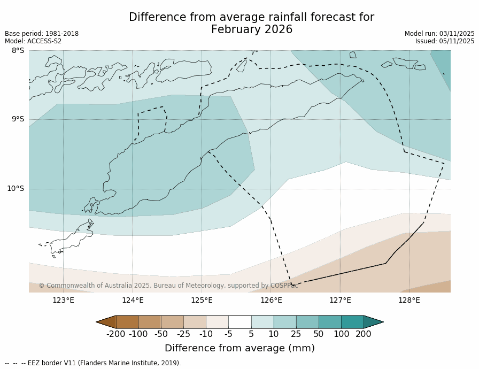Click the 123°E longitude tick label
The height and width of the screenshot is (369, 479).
63,300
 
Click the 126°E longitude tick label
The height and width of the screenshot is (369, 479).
271,300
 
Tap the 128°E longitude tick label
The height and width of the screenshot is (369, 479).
409,300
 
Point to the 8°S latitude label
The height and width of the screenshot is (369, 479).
18,50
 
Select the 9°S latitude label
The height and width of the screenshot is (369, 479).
18,119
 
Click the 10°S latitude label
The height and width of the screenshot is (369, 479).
16,188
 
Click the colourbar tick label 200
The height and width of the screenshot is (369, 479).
364,334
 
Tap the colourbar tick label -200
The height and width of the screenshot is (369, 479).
116,334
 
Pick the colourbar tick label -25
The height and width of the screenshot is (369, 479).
183,334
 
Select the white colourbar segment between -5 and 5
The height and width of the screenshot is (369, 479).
239,322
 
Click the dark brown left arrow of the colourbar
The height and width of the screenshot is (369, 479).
106,322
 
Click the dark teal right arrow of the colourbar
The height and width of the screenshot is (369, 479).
373,322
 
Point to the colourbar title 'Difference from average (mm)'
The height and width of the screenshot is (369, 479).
239,348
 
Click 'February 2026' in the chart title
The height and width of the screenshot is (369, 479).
252,30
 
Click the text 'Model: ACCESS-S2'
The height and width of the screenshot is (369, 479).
33,41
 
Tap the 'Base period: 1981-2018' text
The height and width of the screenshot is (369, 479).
42,34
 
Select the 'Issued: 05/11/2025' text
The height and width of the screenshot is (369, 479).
445,41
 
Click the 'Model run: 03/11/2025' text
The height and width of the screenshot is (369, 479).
439,34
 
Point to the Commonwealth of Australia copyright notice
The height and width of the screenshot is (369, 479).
168,286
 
